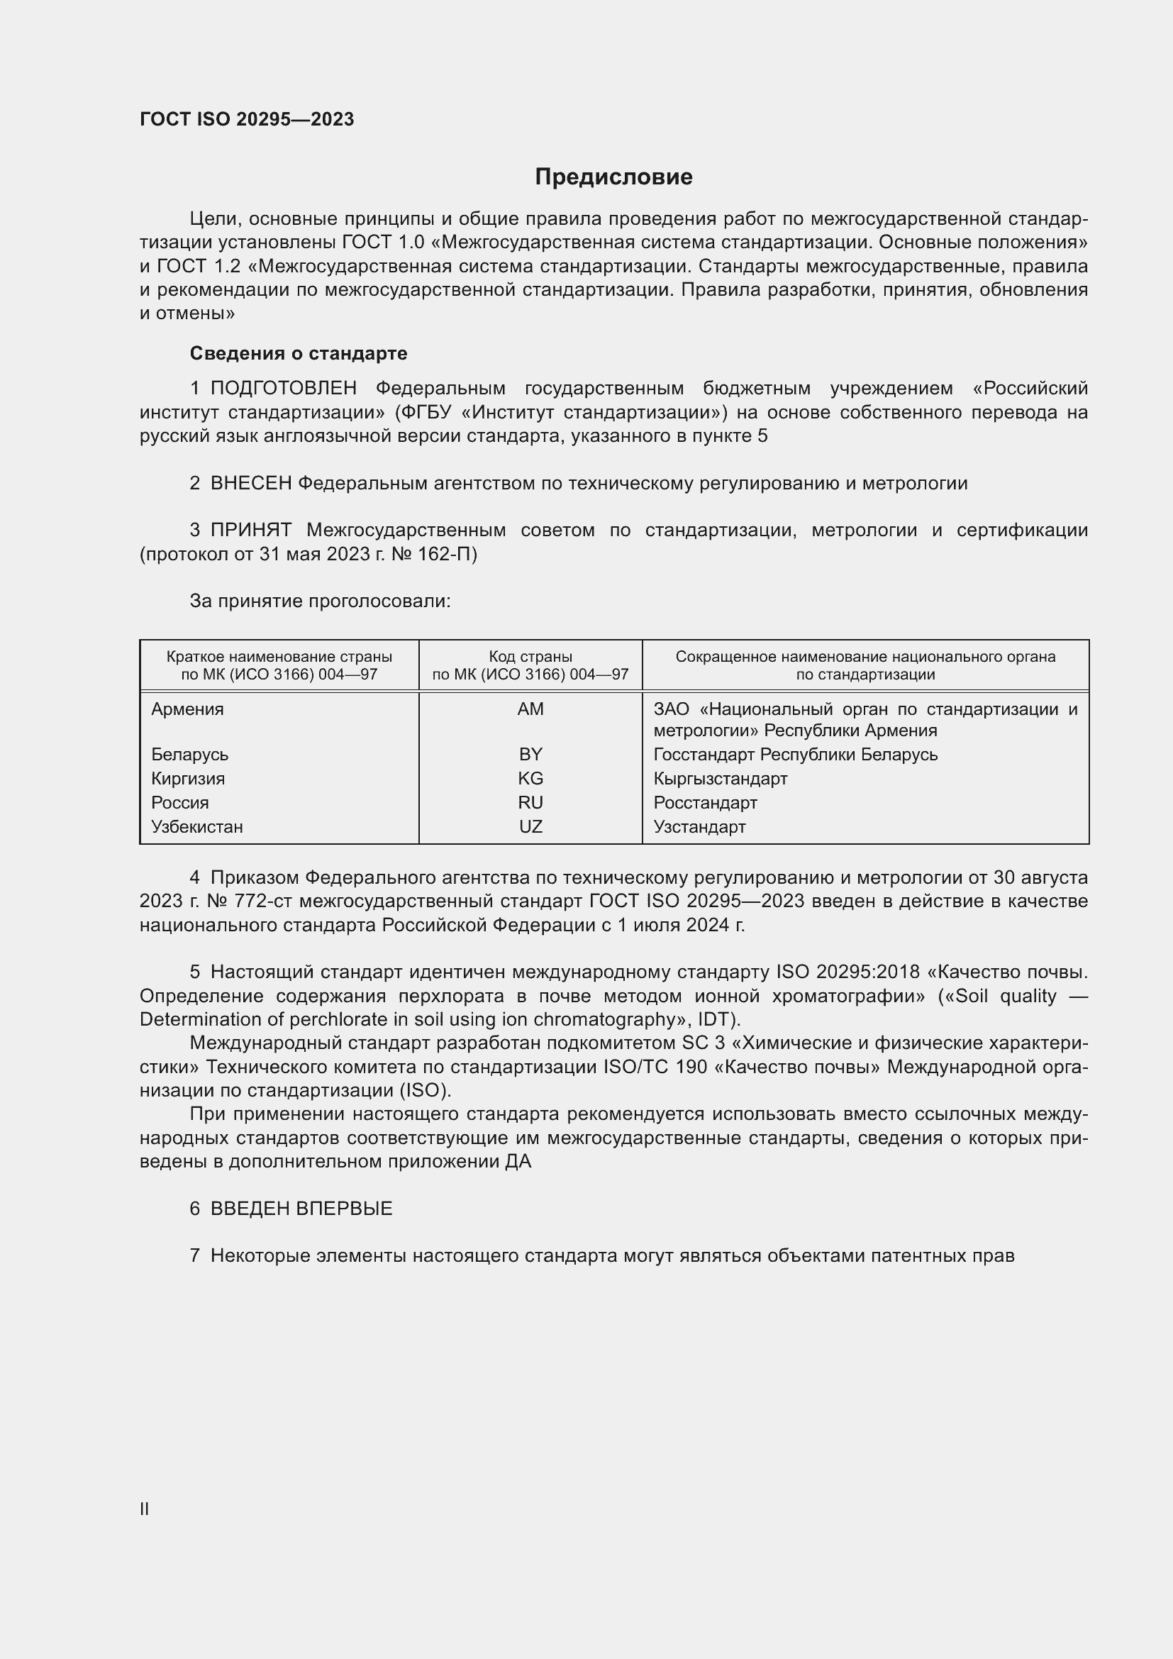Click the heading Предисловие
coord(613,177)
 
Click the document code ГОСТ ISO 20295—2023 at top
coord(247,119)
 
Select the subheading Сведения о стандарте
coord(299,353)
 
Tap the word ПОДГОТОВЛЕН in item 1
coord(283,388)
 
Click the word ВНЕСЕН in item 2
coord(250,483)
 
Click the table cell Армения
coord(188,709)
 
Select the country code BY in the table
coord(530,755)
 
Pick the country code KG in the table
coord(530,778)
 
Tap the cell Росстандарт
coord(705,803)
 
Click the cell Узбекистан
coord(197,826)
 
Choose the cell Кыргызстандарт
coord(720,778)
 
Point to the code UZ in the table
coord(530,826)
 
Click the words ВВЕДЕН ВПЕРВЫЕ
coord(301,1208)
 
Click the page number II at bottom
coord(145,1509)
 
